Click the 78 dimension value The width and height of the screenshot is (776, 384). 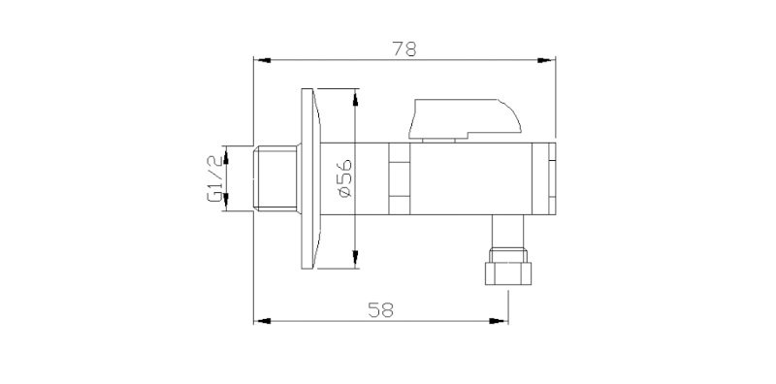404,49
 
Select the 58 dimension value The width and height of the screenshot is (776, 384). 380,309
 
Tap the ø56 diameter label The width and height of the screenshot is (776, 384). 345,178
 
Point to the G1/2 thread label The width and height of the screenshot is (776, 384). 214,178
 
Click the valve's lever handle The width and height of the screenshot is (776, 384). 465,118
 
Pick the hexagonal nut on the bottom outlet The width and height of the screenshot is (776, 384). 507,273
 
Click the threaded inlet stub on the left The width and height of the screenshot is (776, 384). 275,178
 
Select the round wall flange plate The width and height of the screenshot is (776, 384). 310,178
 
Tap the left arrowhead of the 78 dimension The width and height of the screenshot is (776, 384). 262,60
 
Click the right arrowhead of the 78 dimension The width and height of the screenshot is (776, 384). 546,60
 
